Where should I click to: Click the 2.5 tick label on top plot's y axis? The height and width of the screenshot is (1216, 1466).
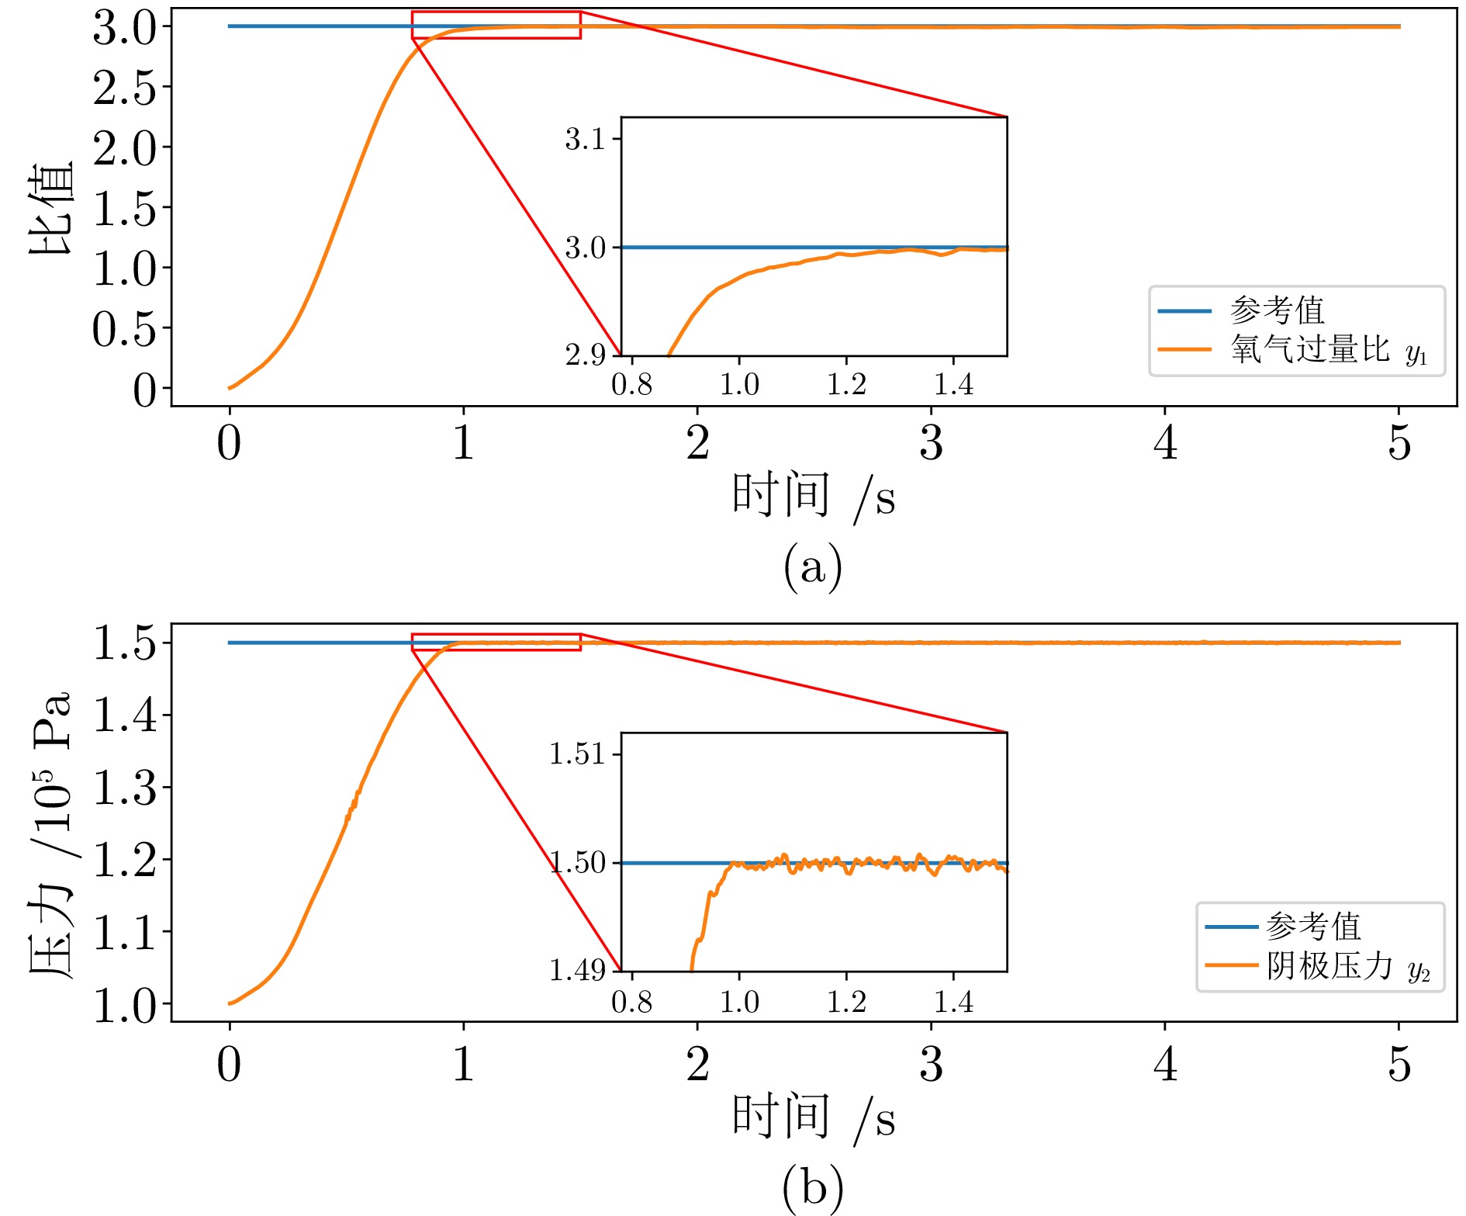124,88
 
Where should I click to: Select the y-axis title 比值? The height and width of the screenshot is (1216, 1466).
51,208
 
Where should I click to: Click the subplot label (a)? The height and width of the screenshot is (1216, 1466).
812,567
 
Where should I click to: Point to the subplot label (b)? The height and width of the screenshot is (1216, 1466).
812,1187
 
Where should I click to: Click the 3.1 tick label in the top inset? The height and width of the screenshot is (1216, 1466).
585,140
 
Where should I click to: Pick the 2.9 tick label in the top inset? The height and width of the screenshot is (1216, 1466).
585,355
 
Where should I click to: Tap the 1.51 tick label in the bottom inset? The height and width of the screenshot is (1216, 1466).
577,754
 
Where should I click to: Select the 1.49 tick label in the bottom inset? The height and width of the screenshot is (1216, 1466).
577,969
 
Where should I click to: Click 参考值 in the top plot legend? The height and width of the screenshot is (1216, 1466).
1277,310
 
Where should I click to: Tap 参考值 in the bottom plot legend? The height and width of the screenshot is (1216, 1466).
1313,927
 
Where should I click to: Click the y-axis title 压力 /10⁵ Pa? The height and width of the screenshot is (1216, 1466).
51,834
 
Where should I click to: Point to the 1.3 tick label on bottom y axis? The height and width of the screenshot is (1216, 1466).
124,788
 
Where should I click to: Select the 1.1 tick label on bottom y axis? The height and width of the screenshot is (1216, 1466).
124,932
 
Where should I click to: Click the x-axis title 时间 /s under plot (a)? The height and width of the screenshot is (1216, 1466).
812,496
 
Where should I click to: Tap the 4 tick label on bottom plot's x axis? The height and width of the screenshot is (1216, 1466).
1165,1064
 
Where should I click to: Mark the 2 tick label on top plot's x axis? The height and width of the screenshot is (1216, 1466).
697,443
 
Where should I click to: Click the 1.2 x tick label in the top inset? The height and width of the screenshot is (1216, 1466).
846,384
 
